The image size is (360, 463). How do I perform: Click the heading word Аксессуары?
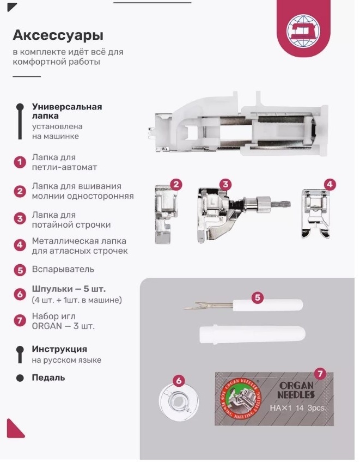(58, 35)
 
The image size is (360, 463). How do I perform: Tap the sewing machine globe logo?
(303, 31)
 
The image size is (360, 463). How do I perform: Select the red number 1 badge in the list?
(20, 162)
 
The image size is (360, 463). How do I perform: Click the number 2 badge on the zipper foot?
(176, 185)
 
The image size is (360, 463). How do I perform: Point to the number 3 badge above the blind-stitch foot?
(225, 185)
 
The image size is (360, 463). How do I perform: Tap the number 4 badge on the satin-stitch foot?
(330, 185)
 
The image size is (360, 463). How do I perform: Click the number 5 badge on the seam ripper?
(258, 297)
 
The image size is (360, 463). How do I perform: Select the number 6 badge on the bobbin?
(179, 381)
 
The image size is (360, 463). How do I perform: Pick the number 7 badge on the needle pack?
(320, 374)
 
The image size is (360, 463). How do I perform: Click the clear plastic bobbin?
(179, 402)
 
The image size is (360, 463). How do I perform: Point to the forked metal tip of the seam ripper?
(191, 306)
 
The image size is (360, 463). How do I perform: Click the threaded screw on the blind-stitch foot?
(280, 203)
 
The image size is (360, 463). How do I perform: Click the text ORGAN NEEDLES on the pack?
(296, 390)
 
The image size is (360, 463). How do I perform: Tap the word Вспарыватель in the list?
(63, 269)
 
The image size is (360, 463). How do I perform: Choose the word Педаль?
(48, 377)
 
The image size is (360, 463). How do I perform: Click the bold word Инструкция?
(59, 349)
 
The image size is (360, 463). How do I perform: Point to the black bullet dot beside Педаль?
(20, 378)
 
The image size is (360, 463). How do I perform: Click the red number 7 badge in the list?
(20, 321)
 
